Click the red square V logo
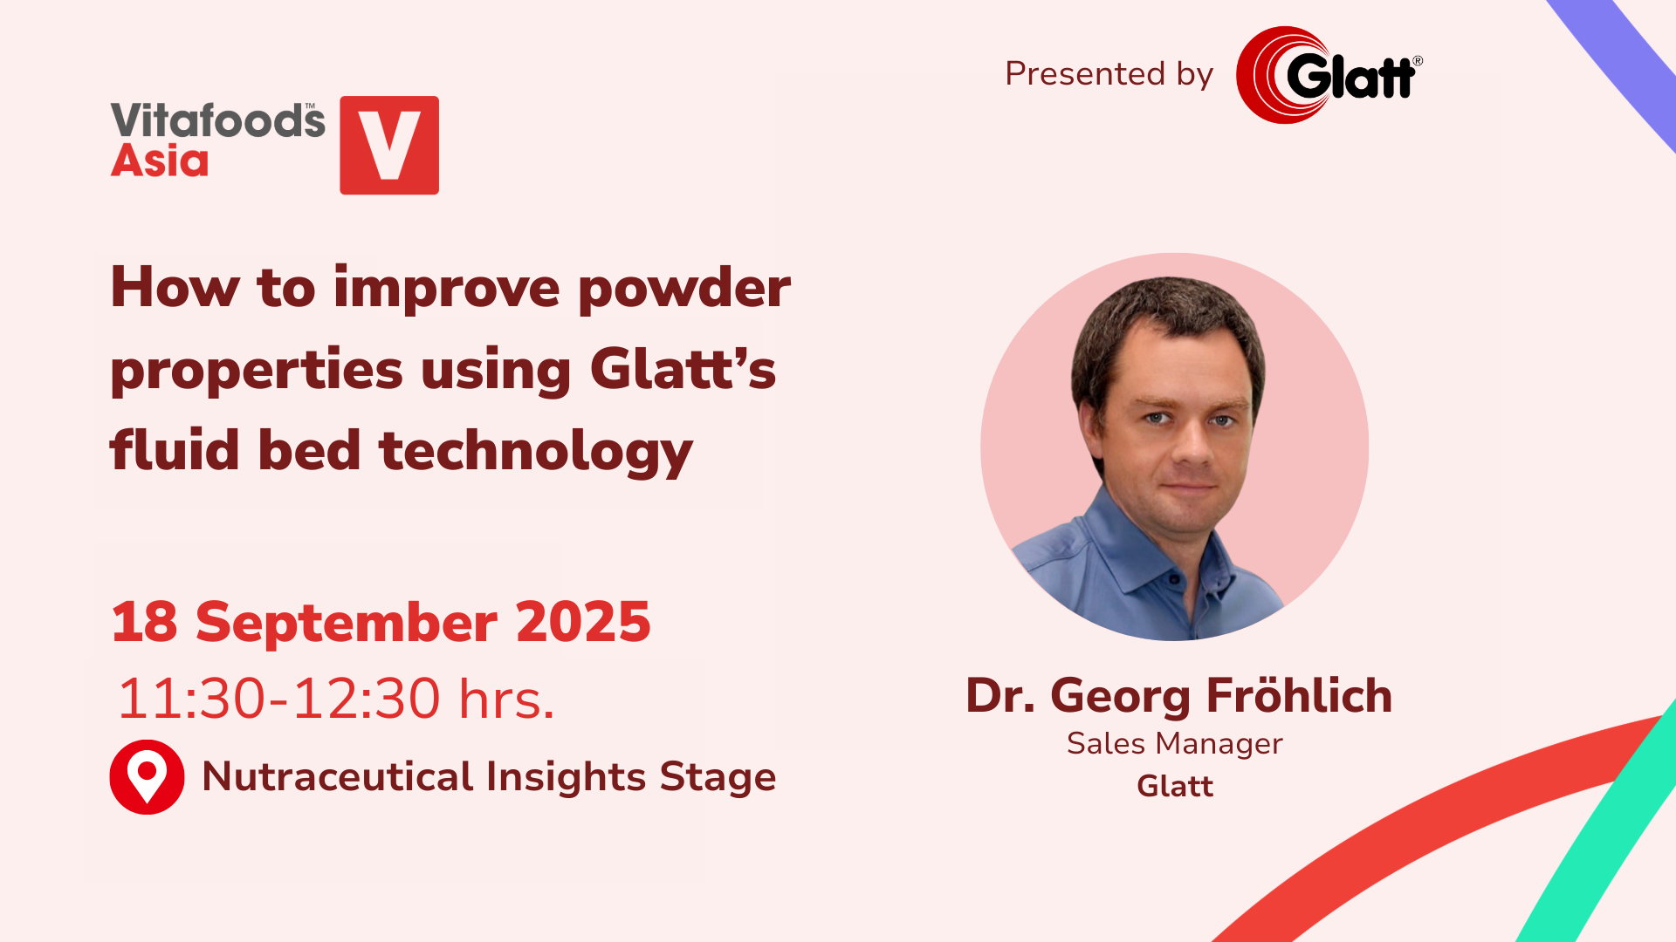click(x=389, y=145)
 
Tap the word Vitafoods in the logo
click(x=218, y=120)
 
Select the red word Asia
click(x=160, y=161)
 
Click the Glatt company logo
click(x=1329, y=75)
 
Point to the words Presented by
click(x=1109, y=74)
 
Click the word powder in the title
click(x=684, y=289)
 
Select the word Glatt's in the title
click(x=683, y=369)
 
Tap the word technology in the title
click(x=536, y=452)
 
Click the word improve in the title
click(x=446, y=289)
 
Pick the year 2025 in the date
click(x=583, y=622)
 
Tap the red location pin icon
click(x=147, y=777)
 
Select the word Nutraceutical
click(x=338, y=776)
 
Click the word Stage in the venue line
click(x=718, y=778)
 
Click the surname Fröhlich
click(x=1299, y=696)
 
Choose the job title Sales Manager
click(x=1174, y=744)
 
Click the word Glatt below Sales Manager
click(x=1175, y=787)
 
